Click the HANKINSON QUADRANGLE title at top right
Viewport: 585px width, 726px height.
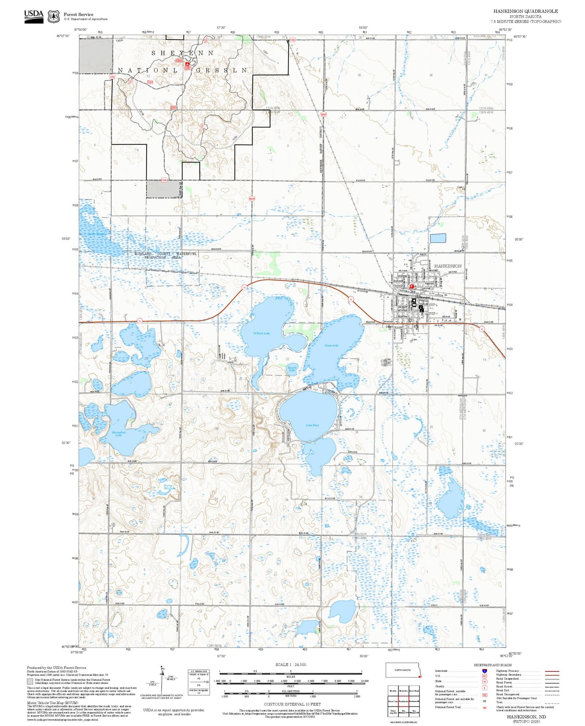pyautogui.click(x=525, y=11)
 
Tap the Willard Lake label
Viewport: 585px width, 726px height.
pyautogui.click(x=262, y=333)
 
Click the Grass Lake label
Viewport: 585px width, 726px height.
pyautogui.click(x=331, y=346)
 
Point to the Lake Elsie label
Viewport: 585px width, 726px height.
pyautogui.click(x=312, y=425)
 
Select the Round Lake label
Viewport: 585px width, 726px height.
pyautogui.click(x=292, y=368)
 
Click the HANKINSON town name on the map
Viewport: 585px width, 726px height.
pyautogui.click(x=447, y=266)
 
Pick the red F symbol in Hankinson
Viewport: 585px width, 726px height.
pyautogui.click(x=412, y=286)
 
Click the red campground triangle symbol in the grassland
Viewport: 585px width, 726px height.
pyautogui.click(x=187, y=64)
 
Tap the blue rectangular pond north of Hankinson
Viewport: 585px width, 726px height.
pyautogui.click(x=438, y=238)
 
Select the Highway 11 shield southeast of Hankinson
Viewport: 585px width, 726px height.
pyautogui.click(x=482, y=329)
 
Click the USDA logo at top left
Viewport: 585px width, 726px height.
pyautogui.click(x=34, y=16)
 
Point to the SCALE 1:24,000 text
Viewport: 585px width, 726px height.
pyautogui.click(x=291, y=664)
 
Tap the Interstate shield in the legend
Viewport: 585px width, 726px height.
pyautogui.click(x=484, y=671)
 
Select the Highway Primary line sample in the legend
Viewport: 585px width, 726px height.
pyautogui.click(x=552, y=671)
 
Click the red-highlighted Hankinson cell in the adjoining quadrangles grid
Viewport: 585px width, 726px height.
pyautogui.click(x=403, y=701)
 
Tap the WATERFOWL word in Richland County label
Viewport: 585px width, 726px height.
pyautogui.click(x=187, y=254)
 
